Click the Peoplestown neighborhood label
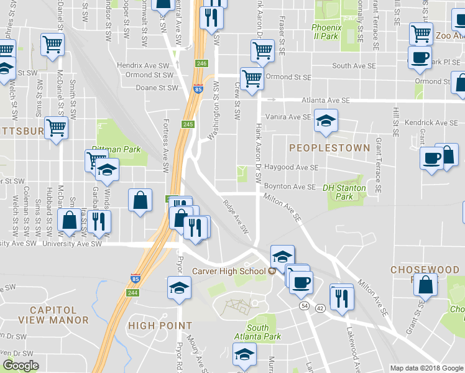click(x=329, y=148)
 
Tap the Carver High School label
click(x=229, y=272)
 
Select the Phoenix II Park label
click(x=326, y=32)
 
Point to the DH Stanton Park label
click(x=344, y=192)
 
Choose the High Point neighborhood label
click(x=160, y=325)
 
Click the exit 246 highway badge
click(x=201, y=63)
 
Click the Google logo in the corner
click(x=21, y=366)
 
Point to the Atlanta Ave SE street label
click(x=325, y=100)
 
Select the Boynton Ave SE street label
click(x=290, y=186)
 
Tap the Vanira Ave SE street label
click(x=288, y=116)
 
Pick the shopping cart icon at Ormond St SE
click(x=251, y=79)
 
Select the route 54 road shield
click(x=304, y=306)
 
